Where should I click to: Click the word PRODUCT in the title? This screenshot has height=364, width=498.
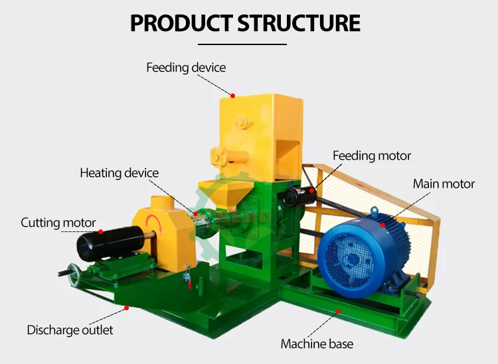click(x=181, y=23)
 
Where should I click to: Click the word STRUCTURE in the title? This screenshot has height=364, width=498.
click(x=299, y=23)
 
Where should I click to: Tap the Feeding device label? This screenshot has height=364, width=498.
click(x=186, y=68)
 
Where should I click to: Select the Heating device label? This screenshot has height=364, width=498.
click(x=119, y=173)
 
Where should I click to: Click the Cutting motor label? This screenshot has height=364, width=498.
click(x=58, y=223)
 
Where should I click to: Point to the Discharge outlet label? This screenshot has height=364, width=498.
click(x=70, y=330)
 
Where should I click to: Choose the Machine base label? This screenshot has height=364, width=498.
click(x=317, y=344)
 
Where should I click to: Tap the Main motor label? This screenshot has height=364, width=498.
click(x=444, y=184)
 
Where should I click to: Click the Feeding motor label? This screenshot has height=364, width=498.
click(x=372, y=156)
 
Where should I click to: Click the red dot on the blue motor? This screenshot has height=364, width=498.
click(x=382, y=225)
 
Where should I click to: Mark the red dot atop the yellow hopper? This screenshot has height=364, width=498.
click(x=233, y=95)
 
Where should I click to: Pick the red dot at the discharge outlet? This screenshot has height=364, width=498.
click(x=126, y=308)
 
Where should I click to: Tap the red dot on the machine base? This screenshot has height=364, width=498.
click(x=338, y=311)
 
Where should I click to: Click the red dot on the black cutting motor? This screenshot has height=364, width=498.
click(x=101, y=232)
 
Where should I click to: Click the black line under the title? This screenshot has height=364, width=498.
click(x=242, y=44)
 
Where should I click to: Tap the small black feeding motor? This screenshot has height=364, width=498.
click(x=299, y=196)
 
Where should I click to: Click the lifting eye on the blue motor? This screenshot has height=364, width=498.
click(x=374, y=210)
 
